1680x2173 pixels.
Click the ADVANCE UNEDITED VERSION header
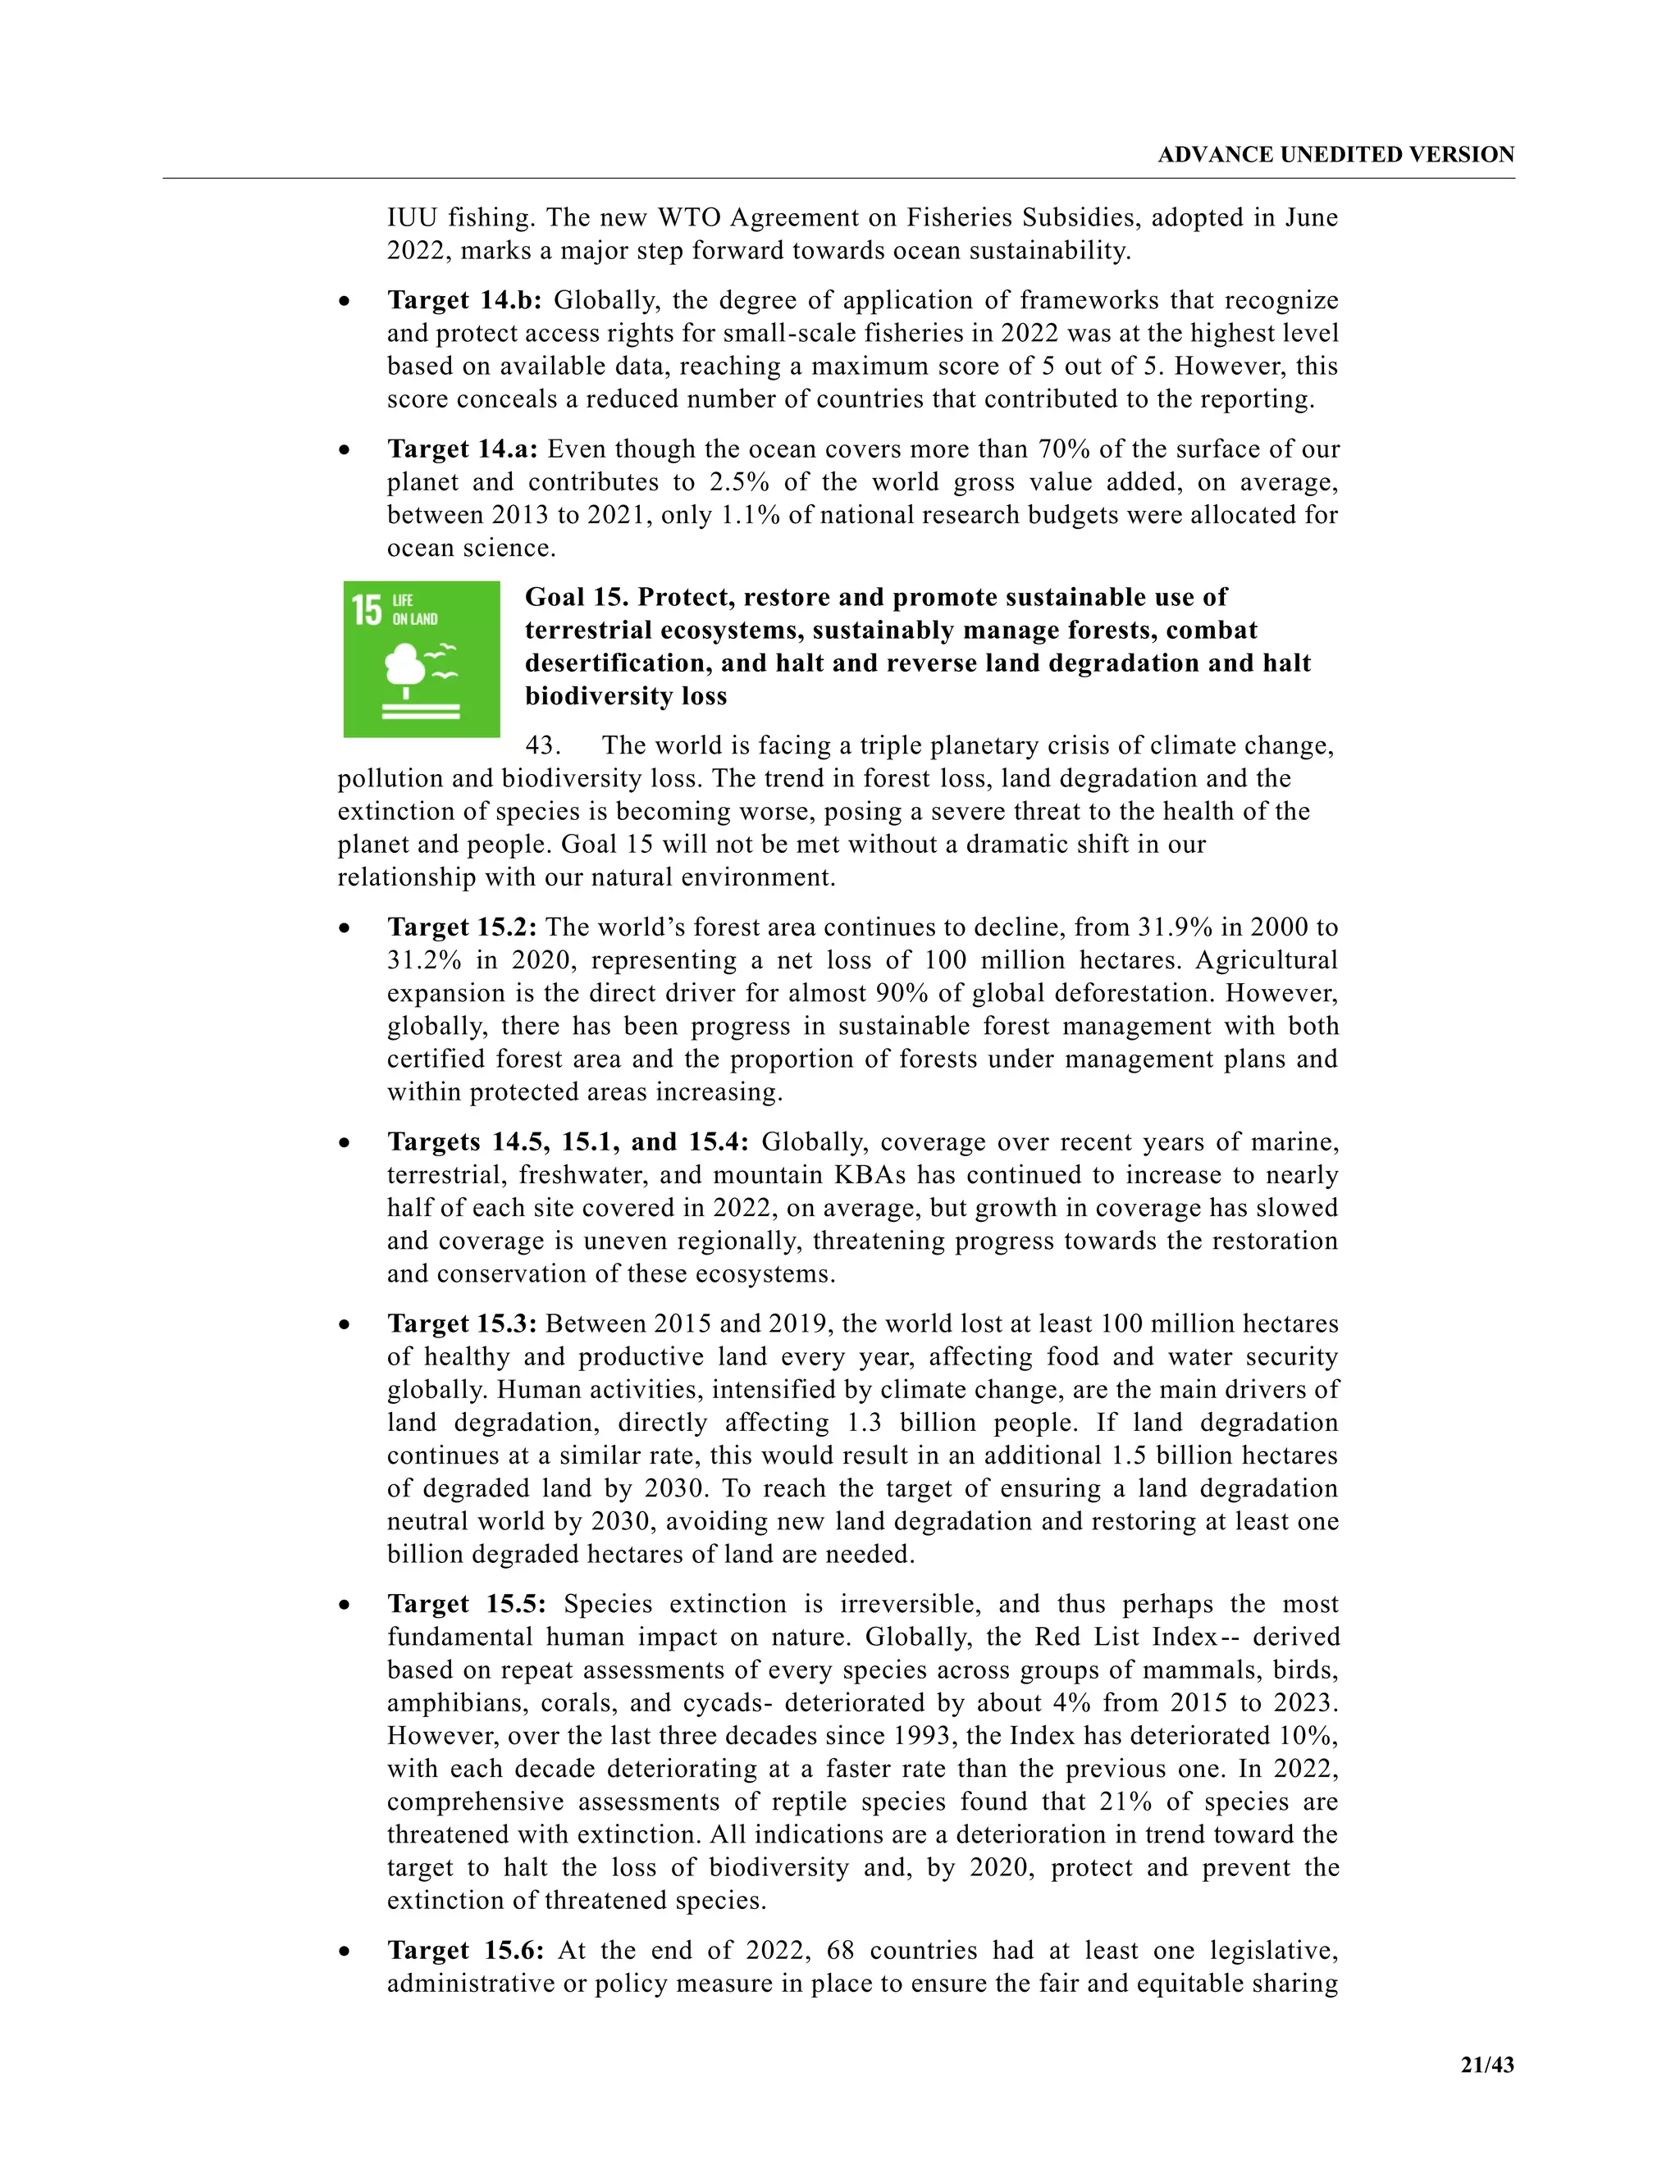pyautogui.click(x=1335, y=154)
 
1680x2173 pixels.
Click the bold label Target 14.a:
pyautogui.click(x=462, y=449)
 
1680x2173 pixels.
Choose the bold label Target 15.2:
pyautogui.click(x=462, y=927)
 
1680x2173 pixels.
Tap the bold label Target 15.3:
pyautogui.click(x=462, y=1323)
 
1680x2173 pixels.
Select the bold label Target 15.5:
pyautogui.click(x=467, y=1604)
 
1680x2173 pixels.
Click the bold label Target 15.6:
pyautogui.click(x=466, y=1950)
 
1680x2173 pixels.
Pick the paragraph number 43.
pyautogui.click(x=542, y=745)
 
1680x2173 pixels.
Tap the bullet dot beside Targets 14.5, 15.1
pyautogui.click(x=345, y=1144)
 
